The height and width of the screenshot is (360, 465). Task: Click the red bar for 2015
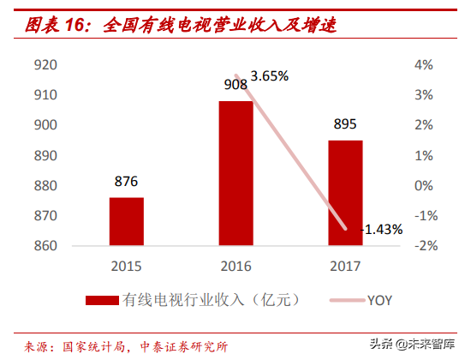tap(126, 222)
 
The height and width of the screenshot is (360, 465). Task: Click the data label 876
tap(126, 182)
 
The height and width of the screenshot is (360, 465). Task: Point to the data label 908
tap(235, 84)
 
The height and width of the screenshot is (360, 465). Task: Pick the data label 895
tap(345, 125)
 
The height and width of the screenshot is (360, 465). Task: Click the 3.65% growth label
tap(270, 75)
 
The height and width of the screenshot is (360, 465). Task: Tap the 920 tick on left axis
tap(45, 65)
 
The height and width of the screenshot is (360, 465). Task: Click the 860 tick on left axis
tap(45, 247)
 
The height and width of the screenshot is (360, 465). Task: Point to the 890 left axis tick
tap(45, 156)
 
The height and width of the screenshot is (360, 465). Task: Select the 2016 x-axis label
tap(235, 265)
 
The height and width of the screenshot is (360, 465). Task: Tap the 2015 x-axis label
tap(126, 265)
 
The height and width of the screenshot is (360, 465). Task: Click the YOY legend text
tap(380, 300)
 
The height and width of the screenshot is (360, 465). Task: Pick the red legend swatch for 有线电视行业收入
tap(102, 300)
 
